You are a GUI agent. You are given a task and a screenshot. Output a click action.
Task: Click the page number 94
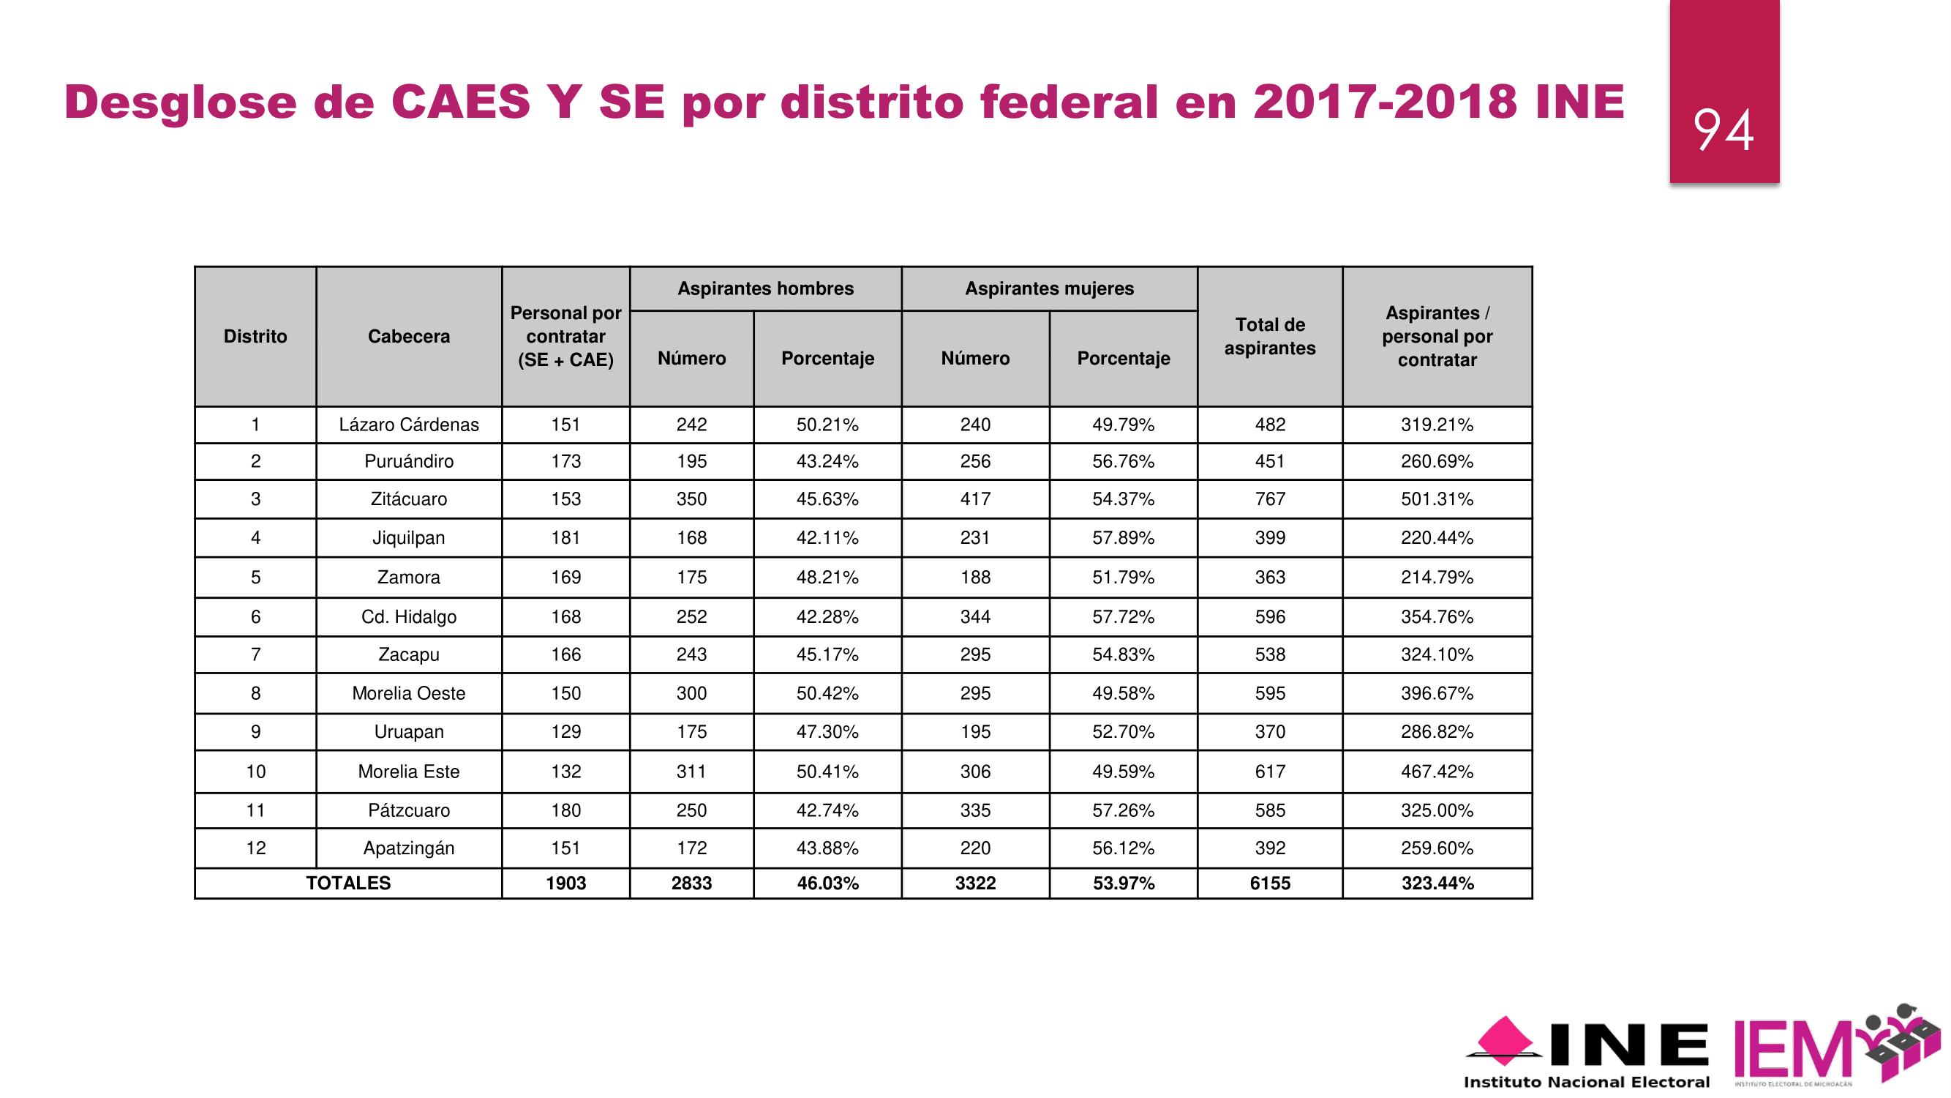point(1723,130)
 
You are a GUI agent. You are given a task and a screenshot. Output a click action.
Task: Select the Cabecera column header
point(408,337)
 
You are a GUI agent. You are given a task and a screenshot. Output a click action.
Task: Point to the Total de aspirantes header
point(1269,337)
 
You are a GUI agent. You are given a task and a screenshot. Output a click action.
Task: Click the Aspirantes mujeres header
point(1049,288)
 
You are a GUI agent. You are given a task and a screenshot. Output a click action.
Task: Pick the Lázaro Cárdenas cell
point(408,425)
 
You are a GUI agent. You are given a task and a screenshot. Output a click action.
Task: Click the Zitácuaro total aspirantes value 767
point(1269,499)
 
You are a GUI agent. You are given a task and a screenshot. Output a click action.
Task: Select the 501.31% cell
point(1436,499)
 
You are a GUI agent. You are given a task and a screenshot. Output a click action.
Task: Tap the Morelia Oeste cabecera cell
point(408,693)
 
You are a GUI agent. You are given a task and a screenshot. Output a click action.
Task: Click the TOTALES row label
point(347,884)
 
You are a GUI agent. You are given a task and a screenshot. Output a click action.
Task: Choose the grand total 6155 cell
point(1269,884)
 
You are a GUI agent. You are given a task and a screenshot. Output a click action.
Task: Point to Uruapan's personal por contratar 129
point(565,732)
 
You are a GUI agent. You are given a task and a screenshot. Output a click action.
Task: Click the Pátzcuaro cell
point(408,811)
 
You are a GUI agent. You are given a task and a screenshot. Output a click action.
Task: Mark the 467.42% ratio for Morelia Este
point(1436,772)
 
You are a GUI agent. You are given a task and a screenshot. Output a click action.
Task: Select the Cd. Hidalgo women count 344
point(974,617)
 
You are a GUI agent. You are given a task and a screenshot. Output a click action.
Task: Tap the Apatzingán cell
point(408,848)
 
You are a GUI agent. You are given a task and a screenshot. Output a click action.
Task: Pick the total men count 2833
point(691,884)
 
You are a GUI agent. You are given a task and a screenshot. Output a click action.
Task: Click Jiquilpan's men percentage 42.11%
point(827,538)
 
